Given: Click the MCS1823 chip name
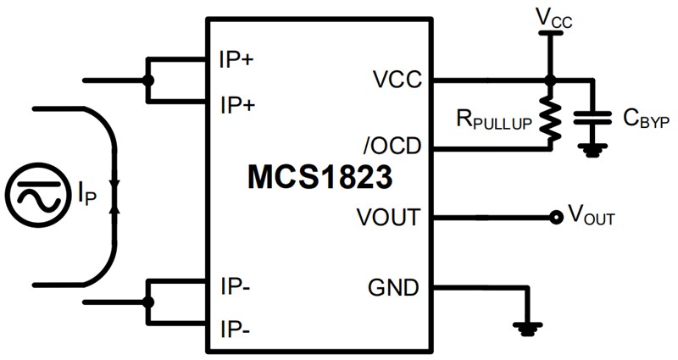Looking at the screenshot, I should coord(320,178).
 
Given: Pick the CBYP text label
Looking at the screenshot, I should coord(646,119).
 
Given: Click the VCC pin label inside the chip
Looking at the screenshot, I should coord(396,81).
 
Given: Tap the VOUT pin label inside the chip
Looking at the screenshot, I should coord(389,218).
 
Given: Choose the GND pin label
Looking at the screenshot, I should coord(392,287).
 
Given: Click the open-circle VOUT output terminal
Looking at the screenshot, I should coord(556,218).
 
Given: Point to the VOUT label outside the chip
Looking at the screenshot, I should coord(591,219).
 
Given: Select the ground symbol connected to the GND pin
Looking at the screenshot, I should coord(528,326).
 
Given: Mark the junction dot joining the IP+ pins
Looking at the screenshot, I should coord(149,82).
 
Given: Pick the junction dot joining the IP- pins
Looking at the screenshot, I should coord(149,302).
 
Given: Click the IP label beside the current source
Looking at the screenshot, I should coord(87,197).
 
